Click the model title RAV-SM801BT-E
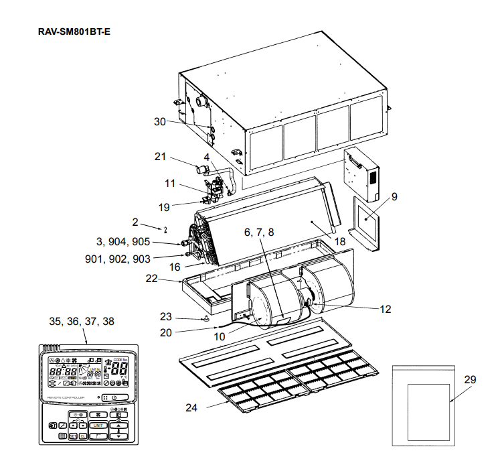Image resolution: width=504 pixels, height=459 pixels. (x=74, y=32)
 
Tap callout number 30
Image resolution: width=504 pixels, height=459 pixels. (x=160, y=121)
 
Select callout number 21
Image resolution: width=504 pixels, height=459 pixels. (x=160, y=157)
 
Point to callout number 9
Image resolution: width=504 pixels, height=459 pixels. (x=394, y=197)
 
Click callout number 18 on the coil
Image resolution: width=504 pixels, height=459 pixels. (x=341, y=240)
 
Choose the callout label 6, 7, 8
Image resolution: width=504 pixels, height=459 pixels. (x=259, y=232)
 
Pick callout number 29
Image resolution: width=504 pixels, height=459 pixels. (x=470, y=379)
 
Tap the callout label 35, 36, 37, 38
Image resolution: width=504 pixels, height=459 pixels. (x=82, y=322)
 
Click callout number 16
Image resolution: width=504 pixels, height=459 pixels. (x=175, y=267)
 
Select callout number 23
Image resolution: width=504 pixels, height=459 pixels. (x=166, y=316)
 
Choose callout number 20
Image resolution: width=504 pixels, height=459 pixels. (x=166, y=331)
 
